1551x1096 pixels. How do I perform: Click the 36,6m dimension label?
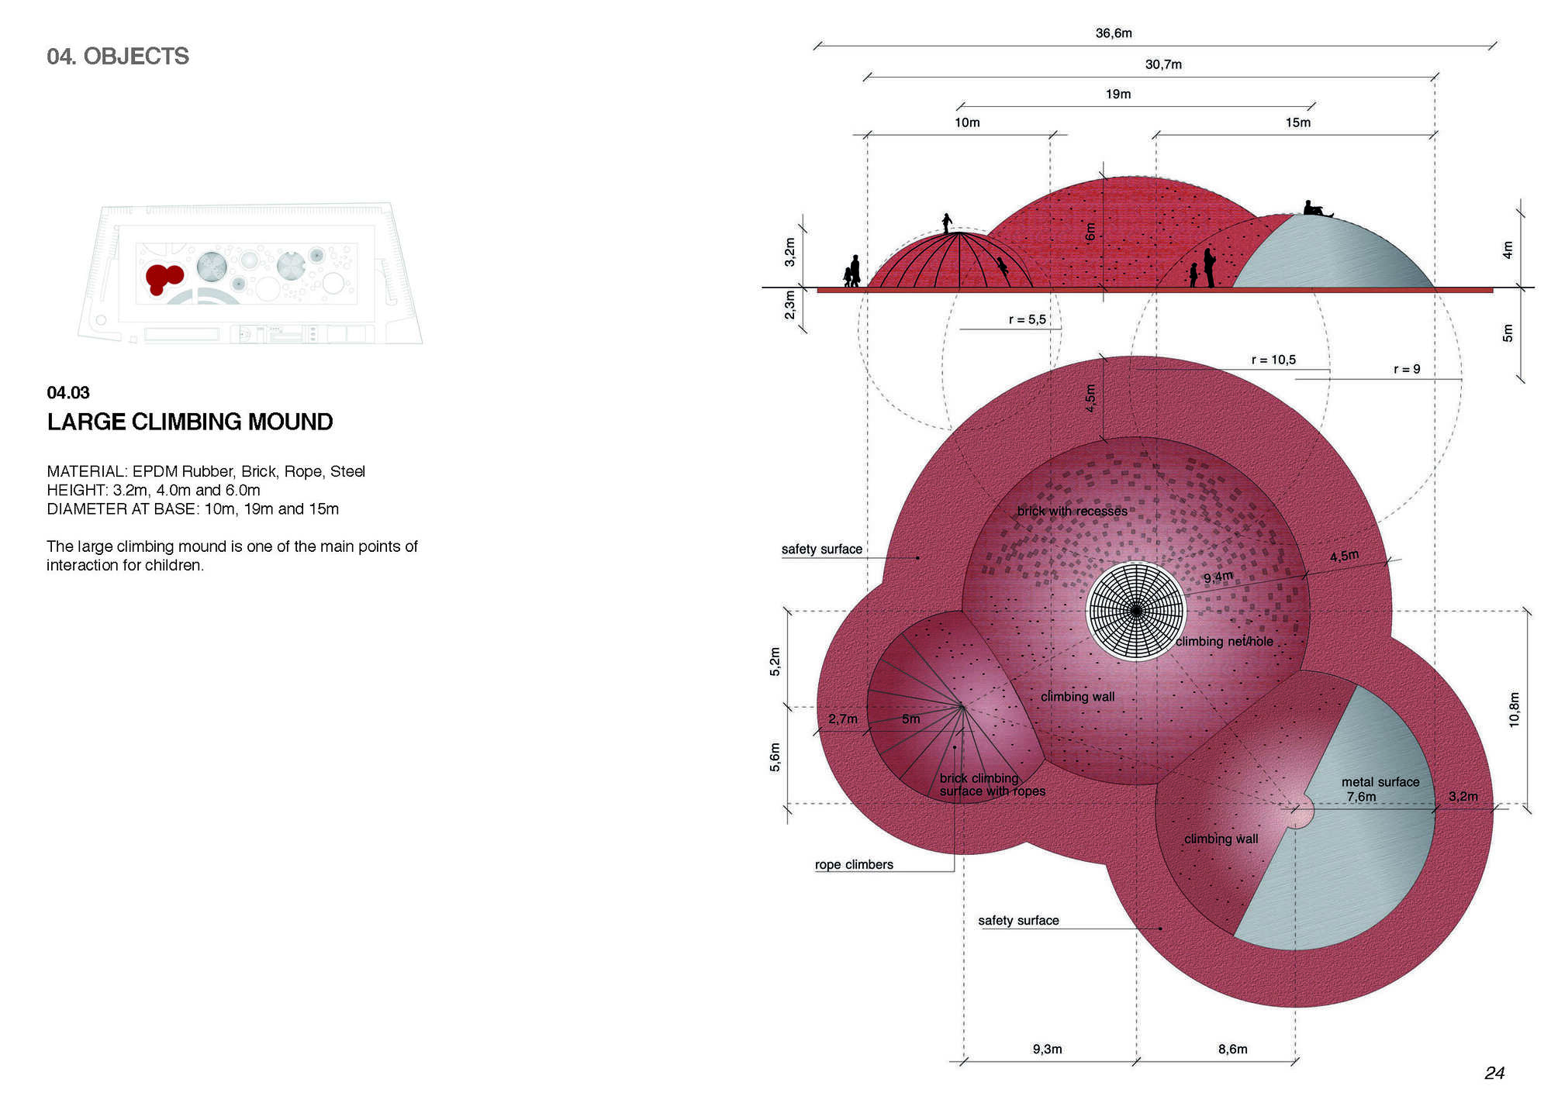1114,33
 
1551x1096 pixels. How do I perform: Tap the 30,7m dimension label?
1163,64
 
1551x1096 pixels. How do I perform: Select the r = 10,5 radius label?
1273,360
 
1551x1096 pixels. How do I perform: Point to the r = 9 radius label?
1407,369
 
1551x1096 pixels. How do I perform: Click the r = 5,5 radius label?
1028,319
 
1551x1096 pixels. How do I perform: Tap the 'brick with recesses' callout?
1073,511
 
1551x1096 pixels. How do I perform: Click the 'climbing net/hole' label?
1225,641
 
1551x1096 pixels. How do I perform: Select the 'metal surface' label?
1380,782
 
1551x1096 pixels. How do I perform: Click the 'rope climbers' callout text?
854,864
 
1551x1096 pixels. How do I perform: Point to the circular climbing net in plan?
1136,612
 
